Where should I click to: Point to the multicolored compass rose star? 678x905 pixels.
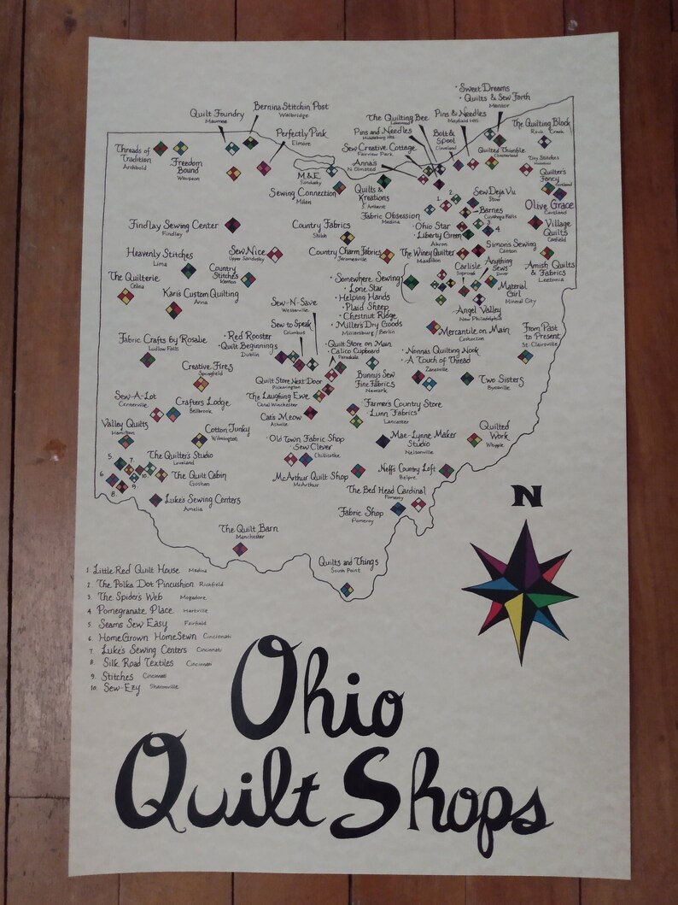(x=519, y=590)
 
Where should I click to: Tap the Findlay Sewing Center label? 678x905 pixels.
(x=174, y=225)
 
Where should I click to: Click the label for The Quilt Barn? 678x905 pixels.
(x=248, y=529)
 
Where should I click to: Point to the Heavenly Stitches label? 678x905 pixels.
(x=160, y=255)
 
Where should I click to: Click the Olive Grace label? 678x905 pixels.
(x=549, y=206)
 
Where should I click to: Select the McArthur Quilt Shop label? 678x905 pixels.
(x=311, y=476)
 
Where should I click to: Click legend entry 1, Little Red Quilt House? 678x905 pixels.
(x=137, y=568)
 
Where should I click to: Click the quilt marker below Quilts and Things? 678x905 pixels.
(x=346, y=589)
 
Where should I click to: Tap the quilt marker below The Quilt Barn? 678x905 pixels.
(x=240, y=549)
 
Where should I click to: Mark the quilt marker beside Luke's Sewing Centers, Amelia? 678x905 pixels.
(x=155, y=500)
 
